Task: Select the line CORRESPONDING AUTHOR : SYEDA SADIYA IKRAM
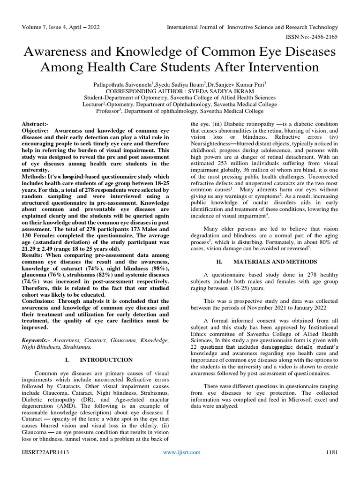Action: (180, 90)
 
